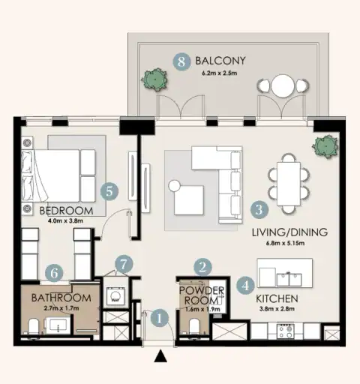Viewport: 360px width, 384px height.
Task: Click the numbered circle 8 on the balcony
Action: click(x=181, y=61)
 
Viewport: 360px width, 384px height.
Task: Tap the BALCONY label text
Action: click(x=220, y=61)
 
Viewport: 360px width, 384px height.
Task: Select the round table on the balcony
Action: click(x=283, y=86)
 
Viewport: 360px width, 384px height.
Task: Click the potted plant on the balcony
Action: click(x=154, y=79)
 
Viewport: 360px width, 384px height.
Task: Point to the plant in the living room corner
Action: click(x=325, y=146)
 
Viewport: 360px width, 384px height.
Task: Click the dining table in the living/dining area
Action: click(x=289, y=184)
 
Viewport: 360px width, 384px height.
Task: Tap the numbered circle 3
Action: click(x=259, y=209)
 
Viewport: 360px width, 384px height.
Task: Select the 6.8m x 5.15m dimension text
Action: click(x=285, y=243)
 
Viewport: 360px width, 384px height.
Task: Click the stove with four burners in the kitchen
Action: click(x=286, y=331)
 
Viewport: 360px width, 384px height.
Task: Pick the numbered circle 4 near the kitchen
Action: click(x=246, y=286)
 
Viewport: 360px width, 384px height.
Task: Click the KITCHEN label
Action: click(x=277, y=298)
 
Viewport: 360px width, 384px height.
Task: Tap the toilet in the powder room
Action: click(x=194, y=326)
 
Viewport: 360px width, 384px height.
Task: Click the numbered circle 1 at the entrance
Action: click(x=159, y=318)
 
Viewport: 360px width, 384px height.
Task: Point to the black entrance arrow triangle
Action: click(x=160, y=356)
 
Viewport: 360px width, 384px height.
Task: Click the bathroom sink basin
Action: click(x=58, y=325)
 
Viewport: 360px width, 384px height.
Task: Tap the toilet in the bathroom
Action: click(x=34, y=326)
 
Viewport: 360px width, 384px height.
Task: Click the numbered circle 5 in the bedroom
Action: click(x=109, y=192)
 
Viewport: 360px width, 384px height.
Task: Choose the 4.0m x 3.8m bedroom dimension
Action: click(x=65, y=221)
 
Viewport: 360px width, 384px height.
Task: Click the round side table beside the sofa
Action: click(x=175, y=186)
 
